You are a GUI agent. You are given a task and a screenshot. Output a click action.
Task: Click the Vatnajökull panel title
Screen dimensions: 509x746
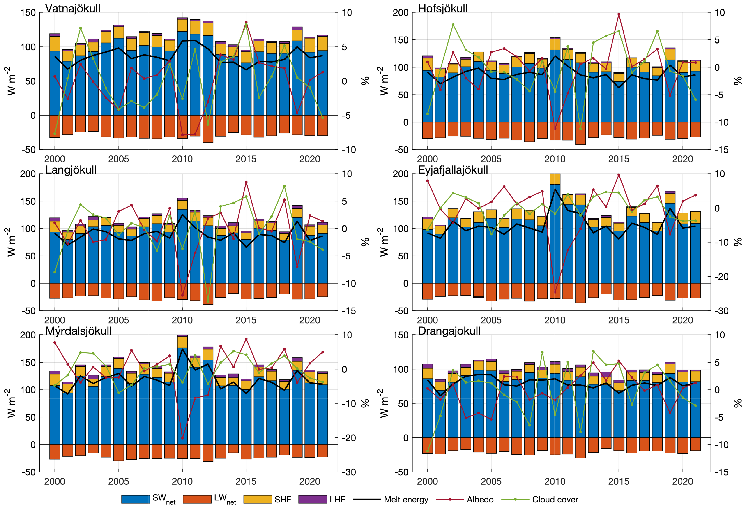coord(73,8)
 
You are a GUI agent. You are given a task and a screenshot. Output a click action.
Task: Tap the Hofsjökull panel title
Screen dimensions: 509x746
coord(443,8)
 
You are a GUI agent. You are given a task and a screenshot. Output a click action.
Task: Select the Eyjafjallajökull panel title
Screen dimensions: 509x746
coord(453,170)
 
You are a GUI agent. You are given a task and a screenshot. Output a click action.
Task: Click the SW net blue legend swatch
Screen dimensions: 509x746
coord(136,499)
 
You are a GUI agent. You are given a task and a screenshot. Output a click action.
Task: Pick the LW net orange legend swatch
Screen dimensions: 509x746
coord(197,499)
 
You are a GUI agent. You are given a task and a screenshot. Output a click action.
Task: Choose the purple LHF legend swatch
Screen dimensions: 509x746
coord(312,499)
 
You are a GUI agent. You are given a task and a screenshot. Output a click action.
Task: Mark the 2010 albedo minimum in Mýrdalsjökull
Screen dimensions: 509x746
coord(182,438)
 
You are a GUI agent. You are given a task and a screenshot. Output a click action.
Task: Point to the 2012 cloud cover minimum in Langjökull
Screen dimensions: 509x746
coord(208,301)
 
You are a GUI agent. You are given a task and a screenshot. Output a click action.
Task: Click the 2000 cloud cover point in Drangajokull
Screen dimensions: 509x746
coord(427,451)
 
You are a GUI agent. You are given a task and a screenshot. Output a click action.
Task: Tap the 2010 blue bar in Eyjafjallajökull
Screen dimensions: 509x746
coord(555,234)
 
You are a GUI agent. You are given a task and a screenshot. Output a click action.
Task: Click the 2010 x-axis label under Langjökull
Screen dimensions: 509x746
coord(182,320)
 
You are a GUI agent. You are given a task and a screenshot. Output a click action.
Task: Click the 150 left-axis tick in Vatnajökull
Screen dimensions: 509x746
coord(28,13)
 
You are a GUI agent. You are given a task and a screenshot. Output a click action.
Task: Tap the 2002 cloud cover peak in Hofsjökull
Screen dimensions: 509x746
coord(453,25)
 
